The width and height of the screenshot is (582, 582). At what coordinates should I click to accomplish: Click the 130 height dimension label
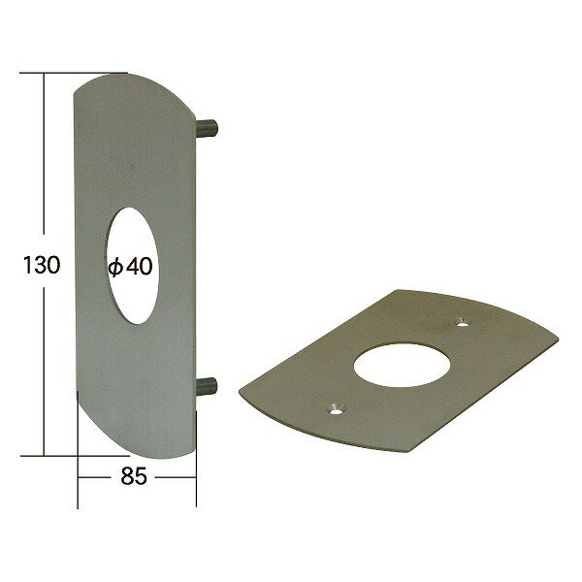click(42, 265)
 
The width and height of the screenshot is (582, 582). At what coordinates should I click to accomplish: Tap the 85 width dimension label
click(134, 476)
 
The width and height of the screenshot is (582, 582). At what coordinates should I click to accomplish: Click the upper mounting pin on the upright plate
click(207, 127)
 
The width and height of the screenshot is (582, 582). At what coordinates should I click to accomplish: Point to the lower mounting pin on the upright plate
click(206, 386)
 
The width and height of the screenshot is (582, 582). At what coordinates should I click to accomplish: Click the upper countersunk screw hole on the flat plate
click(462, 322)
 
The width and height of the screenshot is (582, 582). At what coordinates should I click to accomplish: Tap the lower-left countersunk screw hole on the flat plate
click(336, 408)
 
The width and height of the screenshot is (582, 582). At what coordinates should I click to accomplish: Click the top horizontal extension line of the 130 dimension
click(74, 73)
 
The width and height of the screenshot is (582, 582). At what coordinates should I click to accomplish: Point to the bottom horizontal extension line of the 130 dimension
click(75, 456)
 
